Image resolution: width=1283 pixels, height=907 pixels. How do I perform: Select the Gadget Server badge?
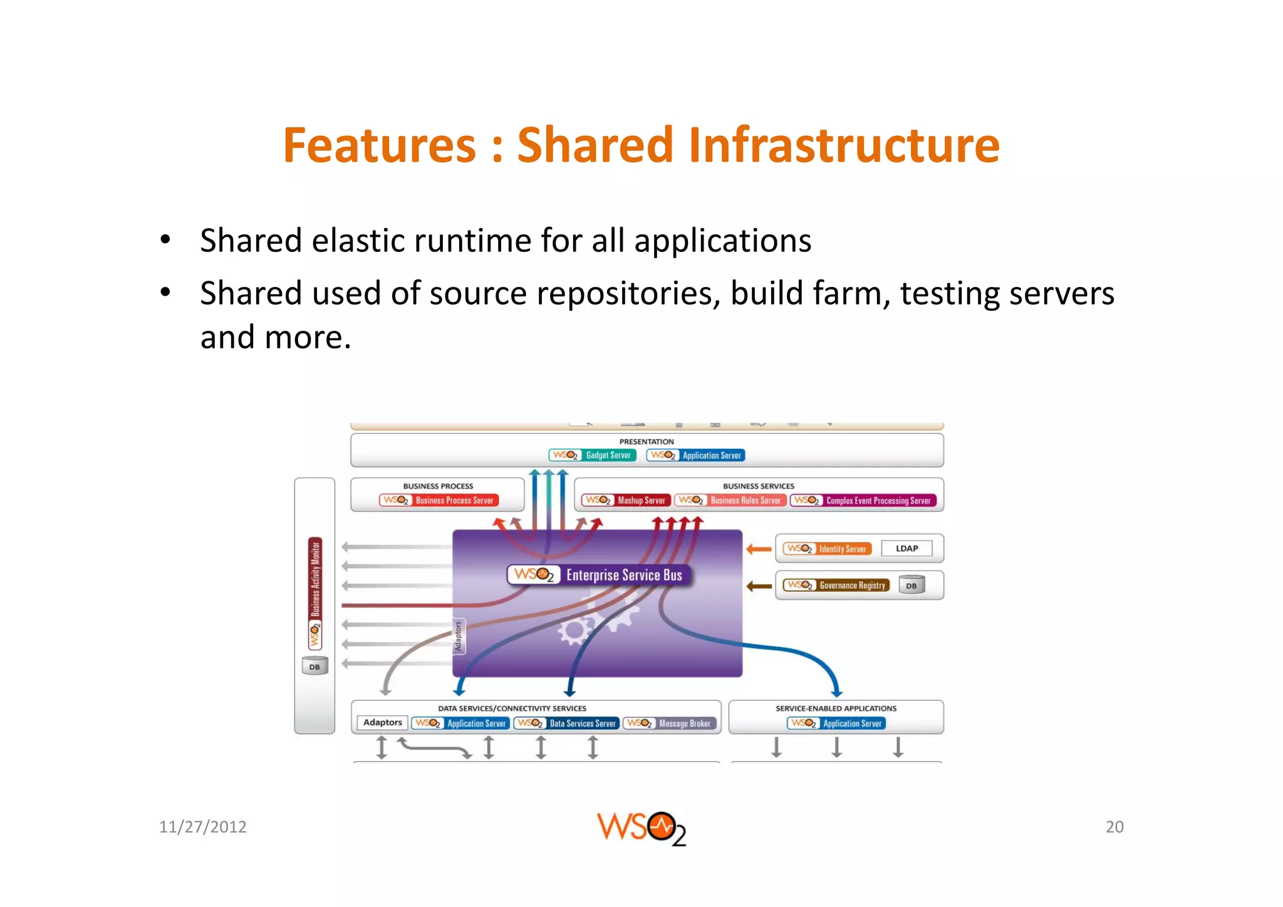pos(592,455)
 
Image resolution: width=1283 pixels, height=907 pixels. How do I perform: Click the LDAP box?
pos(906,549)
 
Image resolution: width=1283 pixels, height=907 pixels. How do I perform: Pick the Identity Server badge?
pos(827,549)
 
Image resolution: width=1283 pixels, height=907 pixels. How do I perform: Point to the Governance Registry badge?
pos(836,585)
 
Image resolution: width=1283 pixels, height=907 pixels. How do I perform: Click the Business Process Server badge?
pos(439,500)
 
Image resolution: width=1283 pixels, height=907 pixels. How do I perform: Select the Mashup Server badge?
pos(626,500)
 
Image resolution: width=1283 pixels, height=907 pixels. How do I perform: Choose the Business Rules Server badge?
pos(730,500)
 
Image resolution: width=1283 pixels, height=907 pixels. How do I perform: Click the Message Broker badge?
pos(670,723)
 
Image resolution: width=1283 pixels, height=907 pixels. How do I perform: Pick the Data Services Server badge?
pos(566,723)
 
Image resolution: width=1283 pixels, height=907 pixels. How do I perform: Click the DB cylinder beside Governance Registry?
pos(912,585)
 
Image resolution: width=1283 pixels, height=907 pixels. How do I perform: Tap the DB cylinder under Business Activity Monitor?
pos(314,666)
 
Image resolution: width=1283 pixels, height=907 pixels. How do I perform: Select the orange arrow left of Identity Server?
pos(759,549)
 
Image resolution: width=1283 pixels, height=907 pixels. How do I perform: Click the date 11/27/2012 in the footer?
pos(202,827)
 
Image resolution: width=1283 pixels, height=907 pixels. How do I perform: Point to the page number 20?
pos(1114,827)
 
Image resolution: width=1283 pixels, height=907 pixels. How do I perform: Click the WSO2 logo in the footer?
pos(641,828)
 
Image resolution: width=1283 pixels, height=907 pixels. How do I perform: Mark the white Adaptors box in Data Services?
pos(382,723)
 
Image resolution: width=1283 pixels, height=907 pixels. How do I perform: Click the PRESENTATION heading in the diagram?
pos(647,442)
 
